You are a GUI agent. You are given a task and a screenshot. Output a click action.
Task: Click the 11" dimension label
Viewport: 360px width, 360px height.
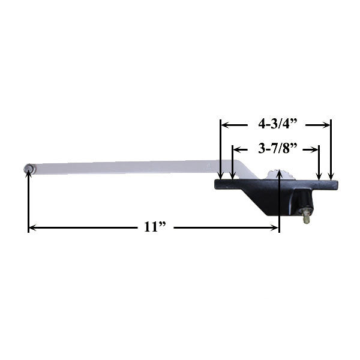tap(155, 227)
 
